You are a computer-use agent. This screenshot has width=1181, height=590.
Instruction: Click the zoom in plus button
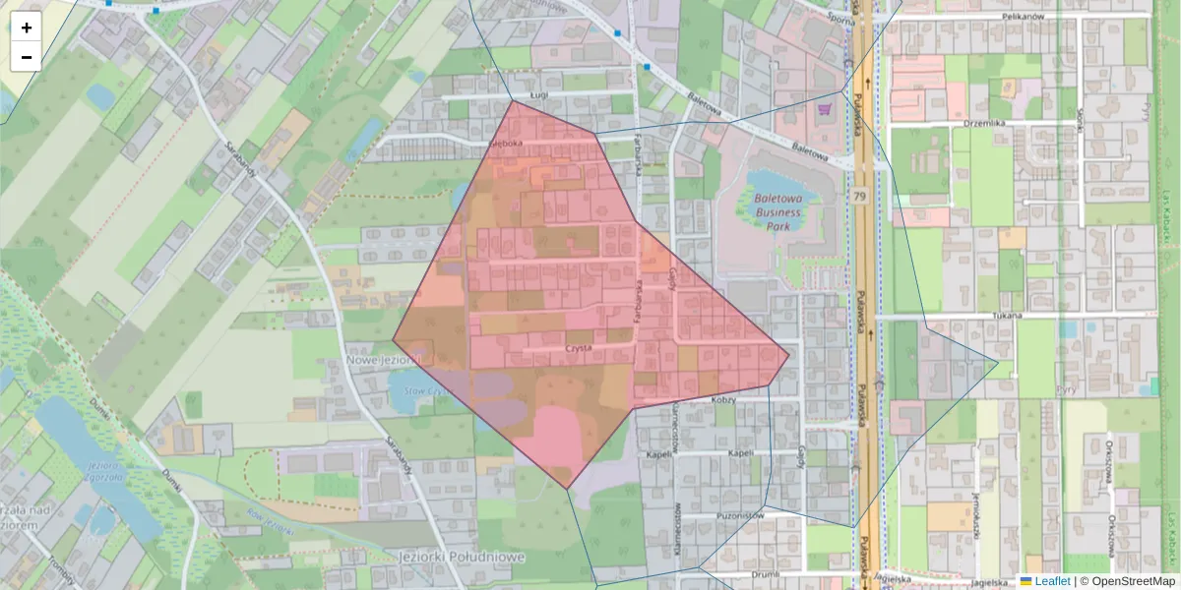tap(27, 28)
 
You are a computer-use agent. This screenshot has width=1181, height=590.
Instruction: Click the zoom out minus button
tap(27, 57)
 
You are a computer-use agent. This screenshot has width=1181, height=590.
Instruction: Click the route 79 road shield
tap(860, 197)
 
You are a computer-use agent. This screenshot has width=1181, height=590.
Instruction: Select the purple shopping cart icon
tap(825, 108)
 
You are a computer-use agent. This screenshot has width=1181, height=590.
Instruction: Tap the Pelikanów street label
tap(1049, 17)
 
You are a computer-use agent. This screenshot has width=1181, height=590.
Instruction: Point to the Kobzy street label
tap(724, 400)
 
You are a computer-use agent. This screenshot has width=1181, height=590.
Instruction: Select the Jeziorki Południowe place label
tap(462, 557)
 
